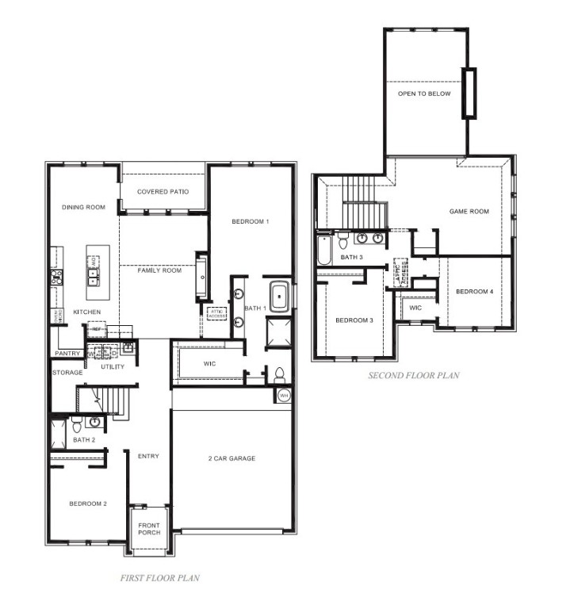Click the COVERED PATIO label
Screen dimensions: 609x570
[x=162, y=192]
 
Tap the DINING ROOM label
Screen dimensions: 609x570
[x=83, y=207]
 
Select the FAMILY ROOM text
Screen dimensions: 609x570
[x=159, y=270]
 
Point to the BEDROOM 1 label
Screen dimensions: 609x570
[x=250, y=221]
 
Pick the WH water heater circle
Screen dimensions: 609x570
[x=284, y=395]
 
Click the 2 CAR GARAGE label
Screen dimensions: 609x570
[x=231, y=458]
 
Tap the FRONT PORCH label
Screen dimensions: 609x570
[x=149, y=528]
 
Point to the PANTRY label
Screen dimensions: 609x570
[x=68, y=353]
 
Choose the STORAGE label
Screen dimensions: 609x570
[x=67, y=372]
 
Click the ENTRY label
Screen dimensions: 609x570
[x=148, y=456]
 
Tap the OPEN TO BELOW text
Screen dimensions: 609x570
[x=424, y=94]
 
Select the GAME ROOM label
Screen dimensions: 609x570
[x=469, y=211]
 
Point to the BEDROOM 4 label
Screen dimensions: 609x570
[x=474, y=292]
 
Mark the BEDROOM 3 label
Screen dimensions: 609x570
[x=354, y=320]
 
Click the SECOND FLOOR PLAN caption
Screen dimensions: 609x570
[x=413, y=375]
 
